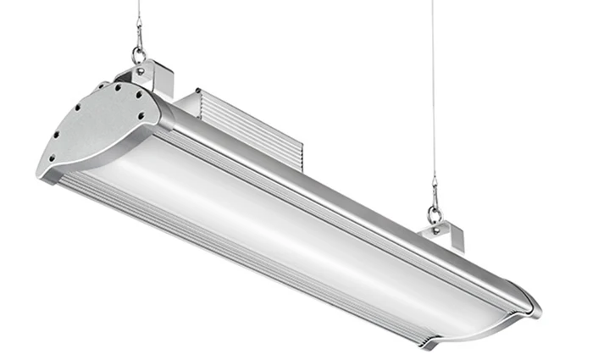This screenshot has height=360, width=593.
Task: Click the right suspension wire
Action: tap(432, 85)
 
